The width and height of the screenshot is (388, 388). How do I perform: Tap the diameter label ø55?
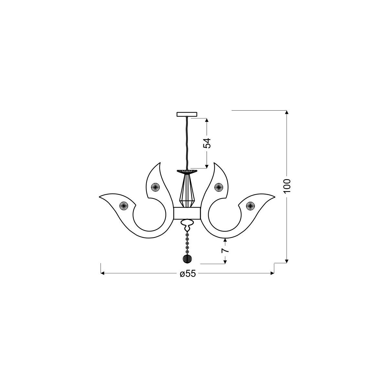tap(188, 274)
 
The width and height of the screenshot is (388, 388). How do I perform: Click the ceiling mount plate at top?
tap(187, 114)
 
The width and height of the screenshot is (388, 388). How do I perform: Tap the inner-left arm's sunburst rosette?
tap(155, 187)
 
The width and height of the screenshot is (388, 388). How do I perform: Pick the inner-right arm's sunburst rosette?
tap(219, 187)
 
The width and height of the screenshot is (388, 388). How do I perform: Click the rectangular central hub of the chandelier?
tap(187, 213)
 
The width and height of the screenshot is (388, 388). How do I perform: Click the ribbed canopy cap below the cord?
tap(187, 171)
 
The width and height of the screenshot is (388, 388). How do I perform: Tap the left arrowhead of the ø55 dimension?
tap(103, 274)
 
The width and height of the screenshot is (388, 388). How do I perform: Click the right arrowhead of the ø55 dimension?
tap(272, 274)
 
